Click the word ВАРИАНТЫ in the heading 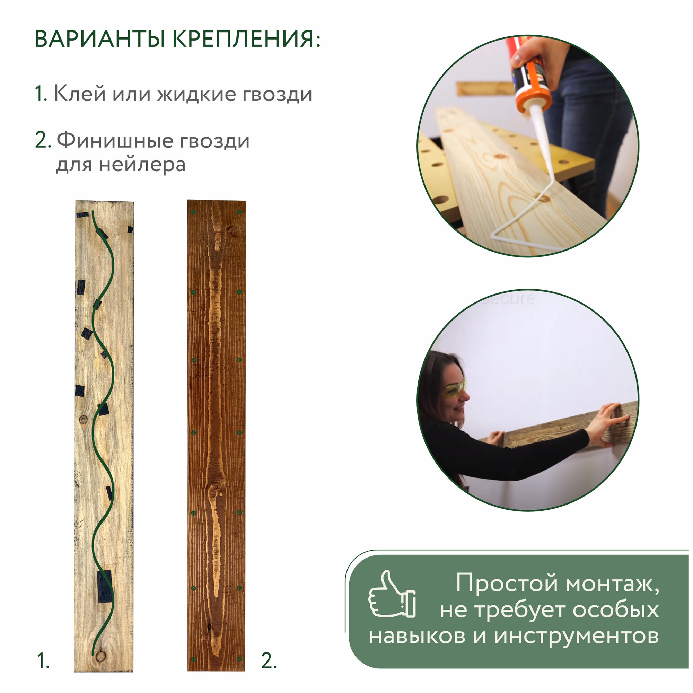click(x=100, y=39)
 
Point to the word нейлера click(x=142, y=165)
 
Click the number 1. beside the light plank click(x=43, y=661)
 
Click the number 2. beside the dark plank click(x=269, y=661)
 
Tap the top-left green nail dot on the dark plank click(x=194, y=212)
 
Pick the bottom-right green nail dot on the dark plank click(x=239, y=659)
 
